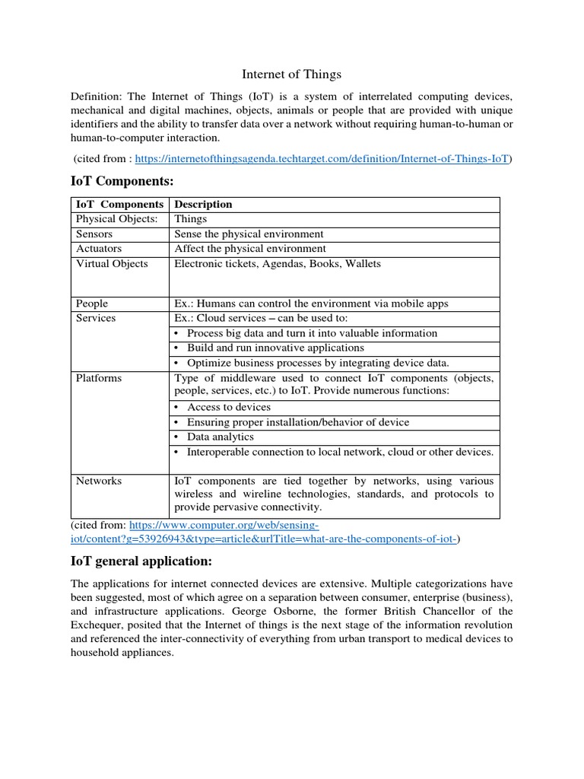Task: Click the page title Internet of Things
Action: pyautogui.click(x=291, y=74)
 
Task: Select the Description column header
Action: pyautogui.click(x=203, y=205)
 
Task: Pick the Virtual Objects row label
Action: pyautogui.click(x=112, y=264)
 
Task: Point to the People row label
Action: pyautogui.click(x=92, y=304)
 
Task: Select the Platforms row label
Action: pyautogui.click(x=99, y=378)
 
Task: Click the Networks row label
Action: pyautogui.click(x=99, y=481)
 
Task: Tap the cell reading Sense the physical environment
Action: pyautogui.click(x=249, y=234)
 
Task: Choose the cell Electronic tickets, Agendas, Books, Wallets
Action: pyautogui.click(x=278, y=264)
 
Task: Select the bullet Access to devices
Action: pyautogui.click(x=228, y=408)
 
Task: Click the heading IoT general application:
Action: pyautogui.click(x=141, y=561)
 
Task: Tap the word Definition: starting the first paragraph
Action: pyautogui.click(x=96, y=97)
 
